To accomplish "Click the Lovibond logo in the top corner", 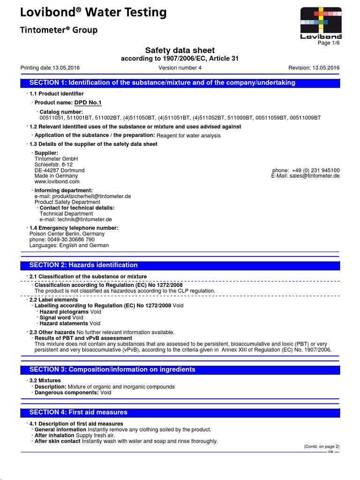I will tap(321, 21).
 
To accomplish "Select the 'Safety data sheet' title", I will tap(180, 51).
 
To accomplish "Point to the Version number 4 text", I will tap(180, 67).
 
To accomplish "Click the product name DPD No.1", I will tap(88, 103).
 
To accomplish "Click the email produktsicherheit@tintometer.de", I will tap(85, 196).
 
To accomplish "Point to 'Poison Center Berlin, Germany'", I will tap(67, 233).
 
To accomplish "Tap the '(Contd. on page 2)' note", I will tap(322, 446).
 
